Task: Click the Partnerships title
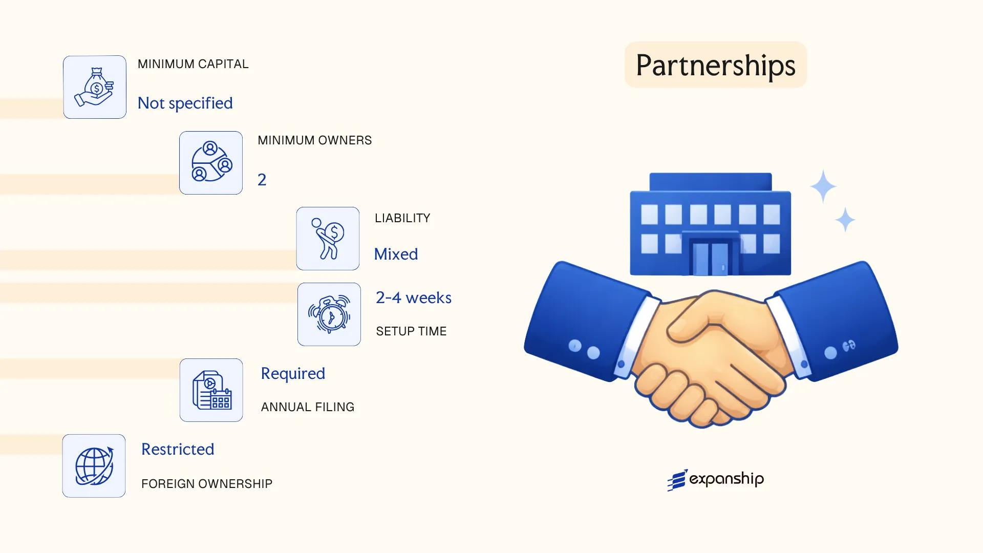715,65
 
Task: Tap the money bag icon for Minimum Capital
95,87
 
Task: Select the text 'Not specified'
185,103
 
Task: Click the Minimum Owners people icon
211,163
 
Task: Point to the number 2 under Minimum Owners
262,180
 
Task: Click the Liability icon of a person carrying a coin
328,239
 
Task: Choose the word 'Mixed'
396,254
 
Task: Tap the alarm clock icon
329,314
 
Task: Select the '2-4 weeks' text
413,297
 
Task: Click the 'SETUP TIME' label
411,331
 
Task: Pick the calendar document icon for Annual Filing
211,390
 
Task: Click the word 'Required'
293,373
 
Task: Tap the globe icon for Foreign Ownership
94,466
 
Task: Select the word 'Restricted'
178,449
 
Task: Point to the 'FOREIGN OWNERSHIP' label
207,484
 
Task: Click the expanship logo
715,480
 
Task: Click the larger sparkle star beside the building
823,186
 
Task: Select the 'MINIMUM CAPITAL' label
193,64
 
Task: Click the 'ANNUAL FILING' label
308,407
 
